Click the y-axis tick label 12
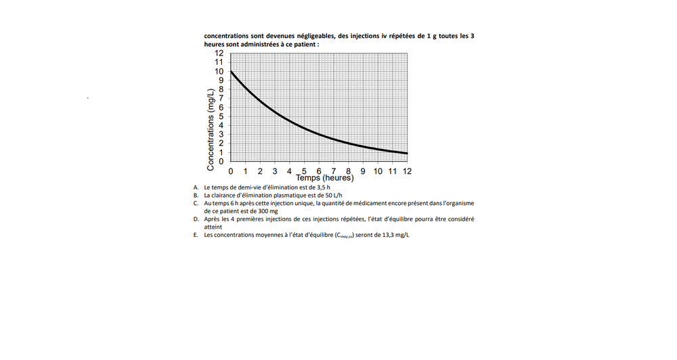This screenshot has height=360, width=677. (x=219, y=53)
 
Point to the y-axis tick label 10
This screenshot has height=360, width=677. (x=219, y=71)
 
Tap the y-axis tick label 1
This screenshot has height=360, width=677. (x=221, y=152)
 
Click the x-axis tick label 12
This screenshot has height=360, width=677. (x=406, y=171)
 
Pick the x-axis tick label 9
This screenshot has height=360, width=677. (x=363, y=171)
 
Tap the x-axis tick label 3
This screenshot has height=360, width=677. (x=274, y=171)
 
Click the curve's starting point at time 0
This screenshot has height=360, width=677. (x=231, y=71)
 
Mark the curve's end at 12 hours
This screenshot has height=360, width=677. (x=407, y=154)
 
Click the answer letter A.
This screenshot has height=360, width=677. (x=196, y=187)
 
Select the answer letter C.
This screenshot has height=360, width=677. (x=196, y=203)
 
